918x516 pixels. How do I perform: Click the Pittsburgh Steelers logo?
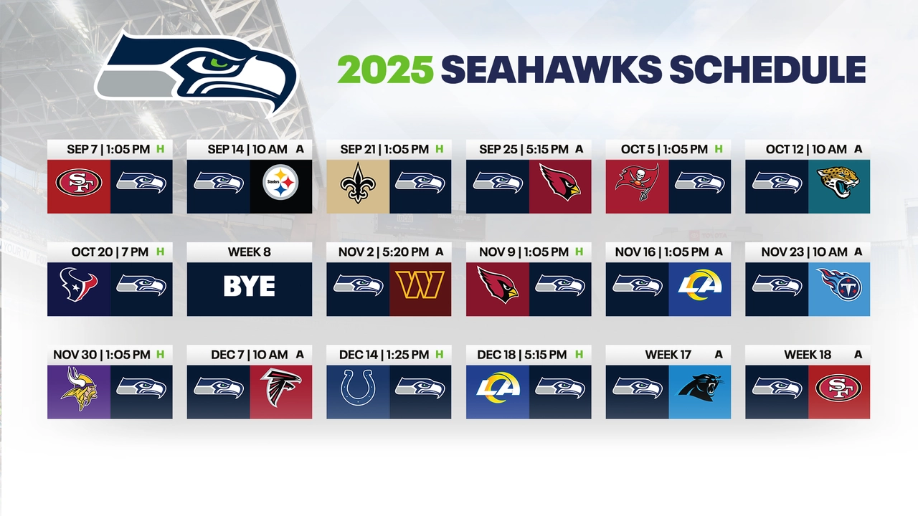tap(281, 183)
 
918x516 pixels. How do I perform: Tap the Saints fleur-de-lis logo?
tap(358, 183)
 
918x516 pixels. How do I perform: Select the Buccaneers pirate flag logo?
tap(636, 183)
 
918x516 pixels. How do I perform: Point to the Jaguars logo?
tap(838, 183)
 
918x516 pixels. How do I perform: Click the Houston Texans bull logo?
tap(78, 286)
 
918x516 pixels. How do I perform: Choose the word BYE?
tap(249, 287)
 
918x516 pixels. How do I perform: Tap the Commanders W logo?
tap(420, 285)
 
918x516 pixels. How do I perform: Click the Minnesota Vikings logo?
tap(79, 389)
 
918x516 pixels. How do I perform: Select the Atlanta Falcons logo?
tap(281, 388)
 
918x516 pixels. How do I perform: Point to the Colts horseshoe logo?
tap(358, 389)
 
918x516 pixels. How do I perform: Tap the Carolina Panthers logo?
tap(700, 388)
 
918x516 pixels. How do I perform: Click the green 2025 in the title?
tap(385, 70)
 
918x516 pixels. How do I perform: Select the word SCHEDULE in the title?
tap(767, 70)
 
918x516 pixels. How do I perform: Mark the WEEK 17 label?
tap(668, 355)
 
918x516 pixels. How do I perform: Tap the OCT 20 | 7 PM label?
tap(110, 252)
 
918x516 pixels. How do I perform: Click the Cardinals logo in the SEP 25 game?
tap(560, 183)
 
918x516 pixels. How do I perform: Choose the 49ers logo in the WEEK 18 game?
tap(838, 388)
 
